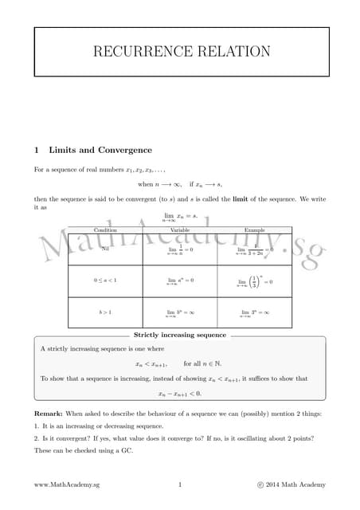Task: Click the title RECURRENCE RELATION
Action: coord(182,52)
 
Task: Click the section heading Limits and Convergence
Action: coord(100,150)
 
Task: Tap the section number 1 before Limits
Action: coord(37,150)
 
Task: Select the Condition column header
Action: coord(105,230)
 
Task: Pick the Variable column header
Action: coord(180,230)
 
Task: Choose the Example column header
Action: coord(254,230)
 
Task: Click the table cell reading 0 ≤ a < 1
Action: coord(105,280)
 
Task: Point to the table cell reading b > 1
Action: coord(105,312)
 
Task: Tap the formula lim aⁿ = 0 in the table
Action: coord(180,280)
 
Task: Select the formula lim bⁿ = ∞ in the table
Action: coord(180,313)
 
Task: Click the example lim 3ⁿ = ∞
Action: coord(254,313)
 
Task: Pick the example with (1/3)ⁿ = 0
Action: coord(255,280)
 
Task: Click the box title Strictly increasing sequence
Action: coord(180,335)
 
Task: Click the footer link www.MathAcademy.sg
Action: coord(67,484)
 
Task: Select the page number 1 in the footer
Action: coord(180,484)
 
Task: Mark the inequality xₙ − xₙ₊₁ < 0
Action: coord(179,393)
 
